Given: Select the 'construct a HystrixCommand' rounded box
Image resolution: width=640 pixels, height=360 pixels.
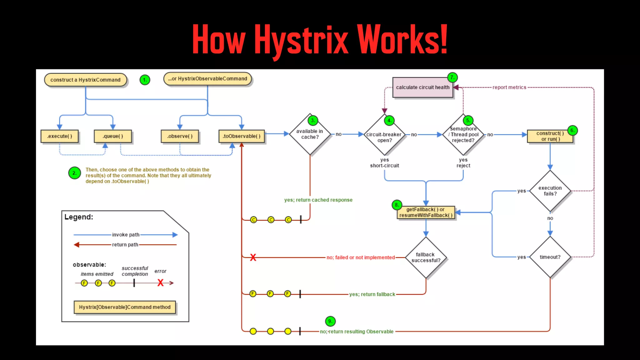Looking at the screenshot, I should pyautogui.click(x=85, y=80).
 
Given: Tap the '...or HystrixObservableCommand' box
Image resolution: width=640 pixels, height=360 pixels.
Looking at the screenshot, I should pyautogui.click(x=207, y=79).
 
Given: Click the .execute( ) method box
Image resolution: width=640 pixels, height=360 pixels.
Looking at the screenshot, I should pyautogui.click(x=59, y=136).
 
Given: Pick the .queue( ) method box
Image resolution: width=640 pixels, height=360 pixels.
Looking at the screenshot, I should pyautogui.click(x=113, y=136).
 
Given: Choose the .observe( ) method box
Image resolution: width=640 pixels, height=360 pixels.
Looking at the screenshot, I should pyautogui.click(x=180, y=136).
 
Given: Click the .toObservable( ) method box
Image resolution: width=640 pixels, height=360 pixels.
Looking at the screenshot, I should pyautogui.click(x=242, y=136).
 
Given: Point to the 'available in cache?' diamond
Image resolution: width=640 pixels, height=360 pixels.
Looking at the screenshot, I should pyautogui.click(x=310, y=134).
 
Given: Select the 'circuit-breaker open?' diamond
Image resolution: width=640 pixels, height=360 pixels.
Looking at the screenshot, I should pyautogui.click(x=384, y=135).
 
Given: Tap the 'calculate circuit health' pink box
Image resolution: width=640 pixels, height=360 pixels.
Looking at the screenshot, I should pyautogui.click(x=422, y=87).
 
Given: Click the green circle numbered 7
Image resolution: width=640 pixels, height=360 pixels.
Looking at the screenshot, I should pyautogui.click(x=452, y=77).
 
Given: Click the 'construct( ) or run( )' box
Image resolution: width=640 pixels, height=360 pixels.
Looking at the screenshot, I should pyautogui.click(x=550, y=136).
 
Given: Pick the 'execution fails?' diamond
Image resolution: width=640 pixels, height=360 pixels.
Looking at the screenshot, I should pyautogui.click(x=550, y=191).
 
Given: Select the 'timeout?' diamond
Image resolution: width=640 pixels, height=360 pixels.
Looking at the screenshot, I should pyautogui.click(x=550, y=257).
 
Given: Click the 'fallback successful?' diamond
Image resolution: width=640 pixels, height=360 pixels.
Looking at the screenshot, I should pyautogui.click(x=426, y=257).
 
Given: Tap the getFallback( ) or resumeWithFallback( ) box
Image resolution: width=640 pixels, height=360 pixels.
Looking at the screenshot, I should pyautogui.click(x=426, y=212).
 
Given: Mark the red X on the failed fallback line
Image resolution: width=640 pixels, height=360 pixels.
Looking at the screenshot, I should pyautogui.click(x=253, y=257).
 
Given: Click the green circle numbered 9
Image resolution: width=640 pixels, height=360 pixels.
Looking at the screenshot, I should pyautogui.click(x=330, y=321).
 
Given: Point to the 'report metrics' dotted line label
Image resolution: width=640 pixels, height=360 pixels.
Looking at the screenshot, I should pyautogui.click(x=509, y=87).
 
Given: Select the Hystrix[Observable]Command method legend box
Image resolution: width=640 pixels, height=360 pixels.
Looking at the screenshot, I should pyautogui.click(x=125, y=307).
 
